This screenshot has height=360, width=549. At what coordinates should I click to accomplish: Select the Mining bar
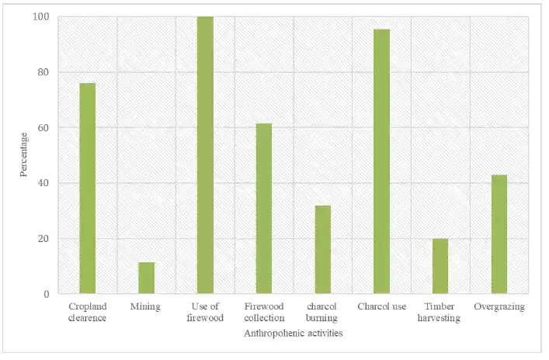tap(146, 279)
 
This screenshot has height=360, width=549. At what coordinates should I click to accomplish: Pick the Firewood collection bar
tap(263, 209)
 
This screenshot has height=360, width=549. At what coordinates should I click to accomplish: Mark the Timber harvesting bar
tap(440, 266)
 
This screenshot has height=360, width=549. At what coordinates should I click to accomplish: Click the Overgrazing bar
tap(499, 234)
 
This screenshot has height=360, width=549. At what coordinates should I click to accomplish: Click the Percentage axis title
tap(23, 154)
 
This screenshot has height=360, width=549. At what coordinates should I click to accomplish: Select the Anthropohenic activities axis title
tap(294, 333)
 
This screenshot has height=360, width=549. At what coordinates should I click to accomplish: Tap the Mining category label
tap(146, 306)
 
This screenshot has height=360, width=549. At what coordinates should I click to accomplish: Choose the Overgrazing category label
tap(499, 306)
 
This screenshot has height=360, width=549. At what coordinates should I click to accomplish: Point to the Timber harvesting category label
tap(440, 312)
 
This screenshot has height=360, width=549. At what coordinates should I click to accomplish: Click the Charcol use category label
tap(381, 306)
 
